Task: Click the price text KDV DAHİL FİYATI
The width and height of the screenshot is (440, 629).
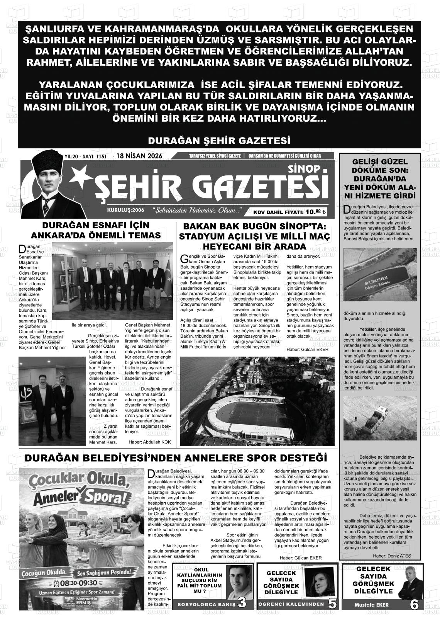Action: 278,212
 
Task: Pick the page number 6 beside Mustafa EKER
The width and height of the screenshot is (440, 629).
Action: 414,604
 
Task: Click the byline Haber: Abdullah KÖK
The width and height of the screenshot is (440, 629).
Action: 149,442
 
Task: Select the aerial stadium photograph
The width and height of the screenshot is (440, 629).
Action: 257,401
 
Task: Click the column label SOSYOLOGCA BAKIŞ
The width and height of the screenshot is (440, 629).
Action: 206,604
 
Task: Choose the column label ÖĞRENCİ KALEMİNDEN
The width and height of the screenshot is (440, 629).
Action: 291,604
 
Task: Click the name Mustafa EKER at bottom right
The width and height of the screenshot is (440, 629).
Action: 371,605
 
